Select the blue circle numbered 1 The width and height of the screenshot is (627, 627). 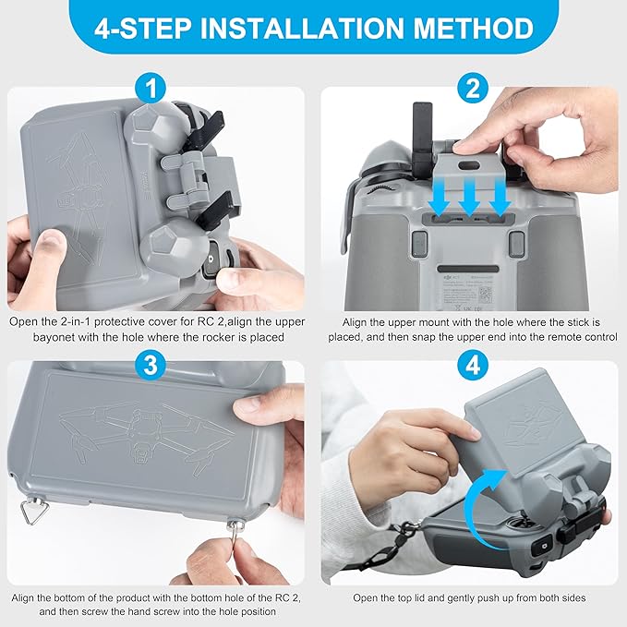pos(152,90)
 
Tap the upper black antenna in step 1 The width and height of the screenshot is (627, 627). pos(207,119)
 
